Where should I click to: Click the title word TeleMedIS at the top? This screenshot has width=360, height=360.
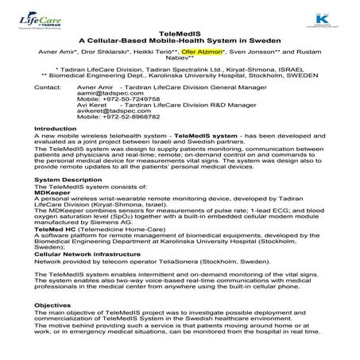(180, 34)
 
